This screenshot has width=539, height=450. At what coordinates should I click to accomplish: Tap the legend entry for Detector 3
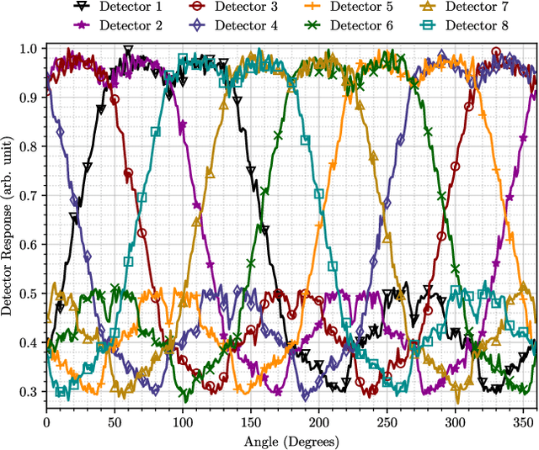(250, 8)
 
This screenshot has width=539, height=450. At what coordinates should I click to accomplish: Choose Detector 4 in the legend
(250, 25)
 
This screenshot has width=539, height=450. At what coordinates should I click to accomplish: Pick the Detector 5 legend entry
(360, 8)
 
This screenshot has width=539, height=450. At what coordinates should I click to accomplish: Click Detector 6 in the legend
(360, 25)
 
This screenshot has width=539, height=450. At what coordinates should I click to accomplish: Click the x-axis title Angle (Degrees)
(291, 441)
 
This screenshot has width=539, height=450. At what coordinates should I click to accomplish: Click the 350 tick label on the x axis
(522, 422)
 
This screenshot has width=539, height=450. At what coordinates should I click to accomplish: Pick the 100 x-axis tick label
(182, 422)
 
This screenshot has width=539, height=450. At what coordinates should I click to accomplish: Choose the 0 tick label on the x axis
(46, 422)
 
